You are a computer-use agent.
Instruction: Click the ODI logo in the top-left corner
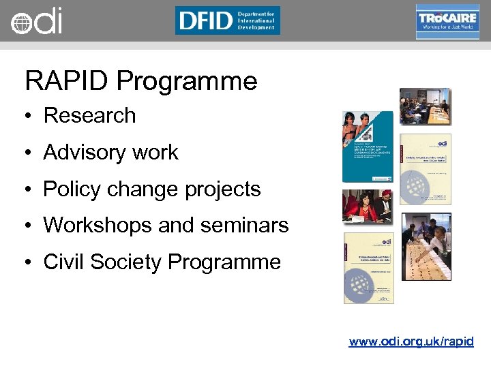(x=35, y=21)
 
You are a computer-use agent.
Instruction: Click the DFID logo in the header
(x=227, y=20)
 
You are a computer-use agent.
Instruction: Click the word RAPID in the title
(x=67, y=81)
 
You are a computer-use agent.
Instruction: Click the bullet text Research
(x=89, y=115)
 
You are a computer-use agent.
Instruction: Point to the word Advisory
(x=85, y=152)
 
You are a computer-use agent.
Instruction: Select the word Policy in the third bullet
(x=74, y=189)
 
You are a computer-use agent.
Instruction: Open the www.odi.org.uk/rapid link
(x=411, y=341)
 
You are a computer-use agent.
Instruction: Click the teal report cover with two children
(x=368, y=147)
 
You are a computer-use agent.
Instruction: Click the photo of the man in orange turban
(x=367, y=206)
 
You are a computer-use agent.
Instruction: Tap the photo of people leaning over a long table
(x=426, y=247)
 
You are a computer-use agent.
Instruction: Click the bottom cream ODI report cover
(x=368, y=268)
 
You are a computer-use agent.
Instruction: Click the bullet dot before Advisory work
(x=30, y=153)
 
